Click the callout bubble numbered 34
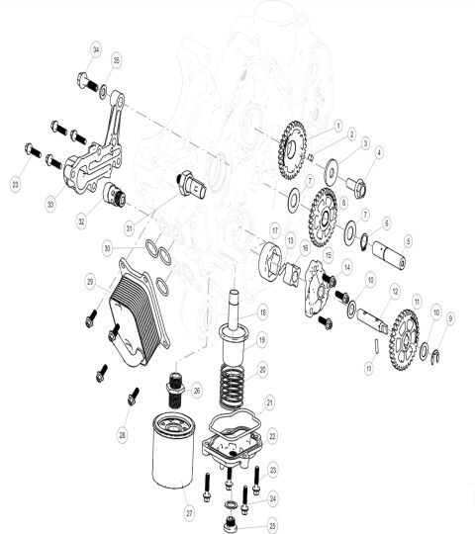pos(96,49)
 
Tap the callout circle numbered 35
pos(116,61)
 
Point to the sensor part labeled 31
pos(189,184)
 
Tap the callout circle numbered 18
pos(263,312)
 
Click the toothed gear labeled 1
pos(293,143)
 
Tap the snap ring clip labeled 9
pos(438,356)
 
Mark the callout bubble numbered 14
pos(347,268)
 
